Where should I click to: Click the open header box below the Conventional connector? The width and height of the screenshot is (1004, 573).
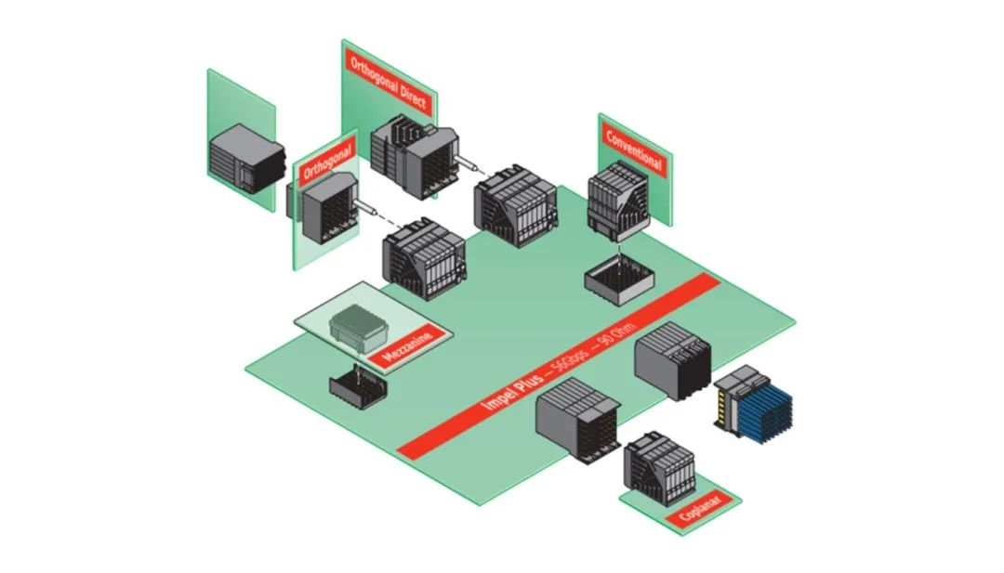(x=616, y=276)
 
